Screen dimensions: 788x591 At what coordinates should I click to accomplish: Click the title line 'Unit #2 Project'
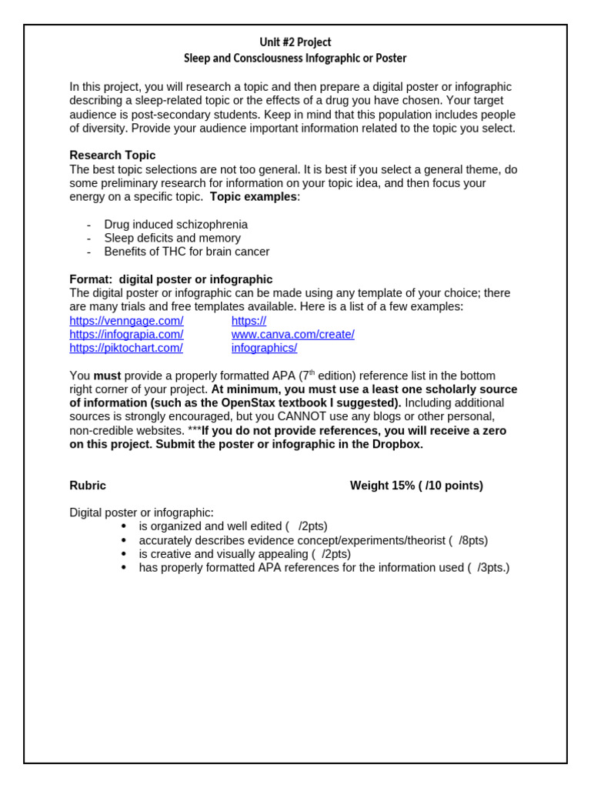pyautogui.click(x=295, y=42)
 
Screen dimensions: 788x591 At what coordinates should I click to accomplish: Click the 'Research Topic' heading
pyautogui.click(x=112, y=155)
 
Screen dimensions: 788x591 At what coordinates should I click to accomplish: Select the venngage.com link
pyautogui.click(x=126, y=320)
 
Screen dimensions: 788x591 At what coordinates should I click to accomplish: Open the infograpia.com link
pyautogui.click(x=126, y=334)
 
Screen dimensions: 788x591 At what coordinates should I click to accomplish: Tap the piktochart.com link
pyautogui.click(x=126, y=348)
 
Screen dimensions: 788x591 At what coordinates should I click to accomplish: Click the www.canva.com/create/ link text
pyautogui.click(x=292, y=334)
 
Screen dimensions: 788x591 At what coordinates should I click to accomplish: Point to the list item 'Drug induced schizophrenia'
pyautogui.click(x=175, y=224)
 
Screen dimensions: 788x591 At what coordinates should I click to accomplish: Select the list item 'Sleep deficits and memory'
pyautogui.click(x=172, y=238)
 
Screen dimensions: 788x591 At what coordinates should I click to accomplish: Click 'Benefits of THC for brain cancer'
pyautogui.click(x=187, y=252)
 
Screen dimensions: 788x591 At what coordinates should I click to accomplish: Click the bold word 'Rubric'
pyautogui.click(x=88, y=486)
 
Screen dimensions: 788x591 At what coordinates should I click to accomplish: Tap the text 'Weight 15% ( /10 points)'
pyautogui.click(x=416, y=486)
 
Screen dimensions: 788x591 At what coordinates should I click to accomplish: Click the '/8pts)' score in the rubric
pyautogui.click(x=473, y=540)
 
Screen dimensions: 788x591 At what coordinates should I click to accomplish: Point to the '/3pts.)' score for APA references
pyautogui.click(x=493, y=568)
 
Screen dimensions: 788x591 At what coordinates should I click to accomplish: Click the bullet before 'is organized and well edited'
pyautogui.click(x=124, y=526)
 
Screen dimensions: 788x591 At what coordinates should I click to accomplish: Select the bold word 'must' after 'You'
pyautogui.click(x=107, y=376)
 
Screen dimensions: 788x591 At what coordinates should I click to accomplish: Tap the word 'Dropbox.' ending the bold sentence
pyautogui.click(x=399, y=445)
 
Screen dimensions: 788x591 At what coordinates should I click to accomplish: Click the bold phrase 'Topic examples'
pyautogui.click(x=253, y=197)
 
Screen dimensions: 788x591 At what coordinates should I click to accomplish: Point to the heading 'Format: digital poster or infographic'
pyautogui.click(x=171, y=279)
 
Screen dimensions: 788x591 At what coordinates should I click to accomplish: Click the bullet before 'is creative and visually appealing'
pyautogui.click(x=124, y=554)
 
